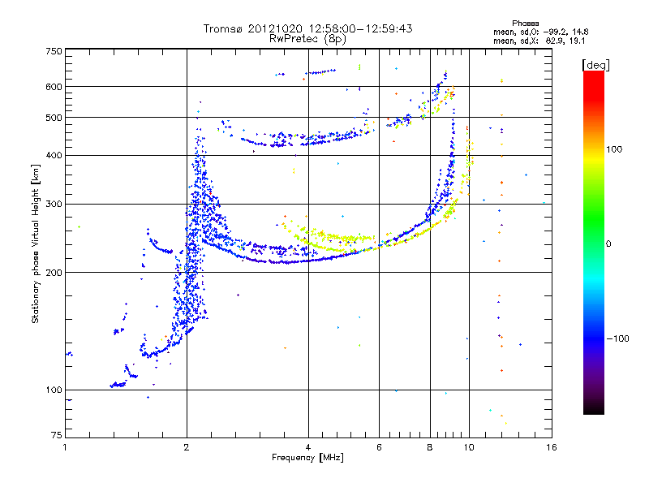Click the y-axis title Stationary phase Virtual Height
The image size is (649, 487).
[36, 243]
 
